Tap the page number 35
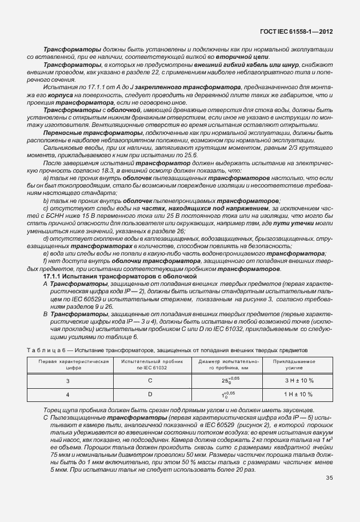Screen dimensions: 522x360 pyautogui.click(x=329, y=478)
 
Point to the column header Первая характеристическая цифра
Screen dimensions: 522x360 pyautogui.click(x=67, y=365)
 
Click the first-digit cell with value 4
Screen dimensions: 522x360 pyautogui.click(x=67, y=395)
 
